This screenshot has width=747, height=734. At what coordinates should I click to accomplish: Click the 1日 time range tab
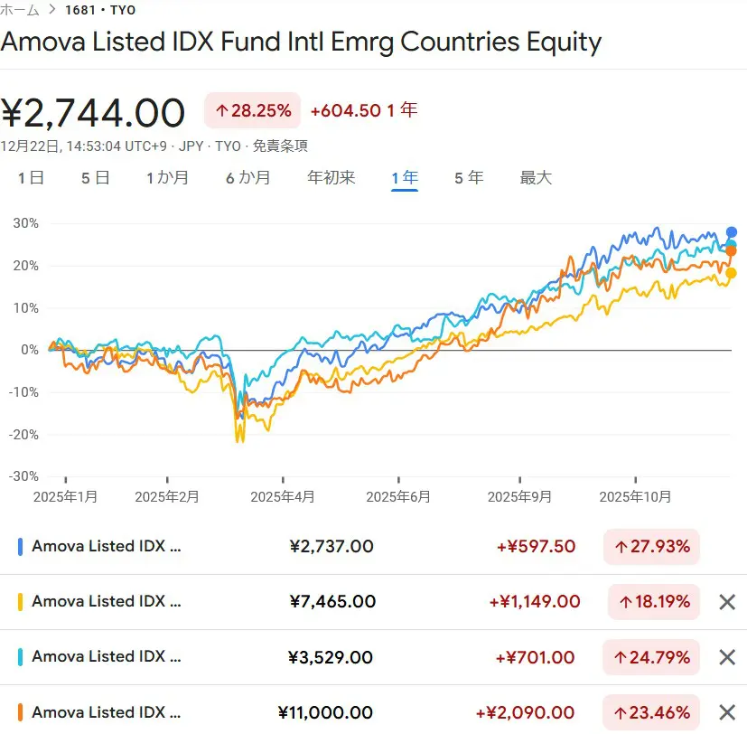[31, 178]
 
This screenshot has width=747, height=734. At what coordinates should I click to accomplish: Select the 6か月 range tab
[247, 178]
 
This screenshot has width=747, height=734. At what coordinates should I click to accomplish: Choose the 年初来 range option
[331, 178]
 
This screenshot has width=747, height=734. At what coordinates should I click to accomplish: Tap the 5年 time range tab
[469, 178]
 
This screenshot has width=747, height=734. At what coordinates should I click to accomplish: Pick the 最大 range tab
[536, 178]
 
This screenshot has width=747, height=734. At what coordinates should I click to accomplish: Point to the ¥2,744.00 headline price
[93, 113]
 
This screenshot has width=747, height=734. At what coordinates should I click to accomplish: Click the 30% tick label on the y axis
[25, 223]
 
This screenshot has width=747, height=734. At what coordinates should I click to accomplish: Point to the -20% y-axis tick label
[23, 434]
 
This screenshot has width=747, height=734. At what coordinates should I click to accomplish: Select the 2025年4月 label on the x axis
[283, 497]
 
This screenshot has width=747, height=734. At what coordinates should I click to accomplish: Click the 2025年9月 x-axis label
[519, 497]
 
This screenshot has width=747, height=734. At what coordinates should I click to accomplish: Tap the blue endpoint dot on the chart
[732, 232]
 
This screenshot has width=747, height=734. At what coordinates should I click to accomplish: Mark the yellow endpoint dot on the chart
[731, 273]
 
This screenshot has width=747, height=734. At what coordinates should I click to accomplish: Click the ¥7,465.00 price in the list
[332, 602]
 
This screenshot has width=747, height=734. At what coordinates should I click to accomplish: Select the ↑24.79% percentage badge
[652, 657]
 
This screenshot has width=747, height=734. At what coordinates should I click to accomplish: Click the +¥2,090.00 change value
[531, 713]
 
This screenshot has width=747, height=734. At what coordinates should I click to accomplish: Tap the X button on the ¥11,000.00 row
[727, 712]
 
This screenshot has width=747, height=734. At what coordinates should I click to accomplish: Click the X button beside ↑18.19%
[727, 602]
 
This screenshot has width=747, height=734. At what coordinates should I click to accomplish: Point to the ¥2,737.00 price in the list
[331, 547]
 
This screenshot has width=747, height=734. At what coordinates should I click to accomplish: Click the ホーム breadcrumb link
[20, 10]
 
